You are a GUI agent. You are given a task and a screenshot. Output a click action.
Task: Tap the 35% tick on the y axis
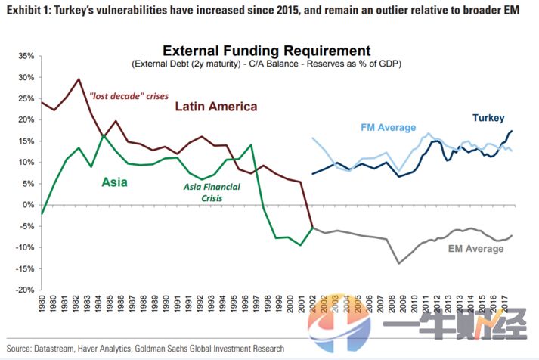(x=25, y=57)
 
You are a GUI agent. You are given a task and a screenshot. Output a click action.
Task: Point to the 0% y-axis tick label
(x=29, y=205)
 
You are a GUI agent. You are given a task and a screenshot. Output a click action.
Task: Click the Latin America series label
(x=215, y=107)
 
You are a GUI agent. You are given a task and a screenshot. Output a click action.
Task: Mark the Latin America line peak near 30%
(x=79, y=79)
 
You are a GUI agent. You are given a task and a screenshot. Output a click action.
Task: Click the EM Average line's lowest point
(x=398, y=263)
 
